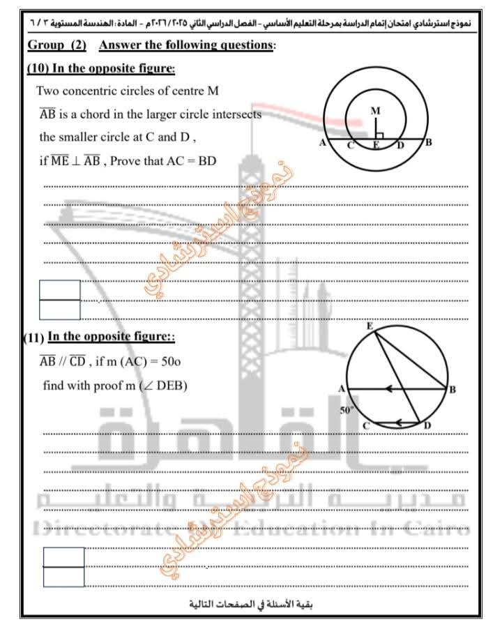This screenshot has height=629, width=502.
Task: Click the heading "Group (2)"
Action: (x=57, y=46)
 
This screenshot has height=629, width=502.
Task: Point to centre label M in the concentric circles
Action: (x=376, y=111)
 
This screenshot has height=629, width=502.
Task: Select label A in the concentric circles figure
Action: (x=322, y=143)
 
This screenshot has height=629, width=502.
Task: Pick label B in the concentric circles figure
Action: (x=429, y=142)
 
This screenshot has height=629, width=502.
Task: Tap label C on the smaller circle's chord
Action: (x=351, y=145)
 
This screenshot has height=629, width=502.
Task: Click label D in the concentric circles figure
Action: (x=400, y=145)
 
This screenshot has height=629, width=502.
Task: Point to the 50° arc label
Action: (x=347, y=411)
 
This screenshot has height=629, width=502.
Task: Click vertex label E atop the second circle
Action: (x=370, y=326)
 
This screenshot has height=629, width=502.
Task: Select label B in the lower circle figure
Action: (x=452, y=389)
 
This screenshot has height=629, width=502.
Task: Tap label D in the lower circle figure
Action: (x=427, y=425)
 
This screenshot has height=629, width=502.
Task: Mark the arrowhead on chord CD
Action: (x=398, y=422)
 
